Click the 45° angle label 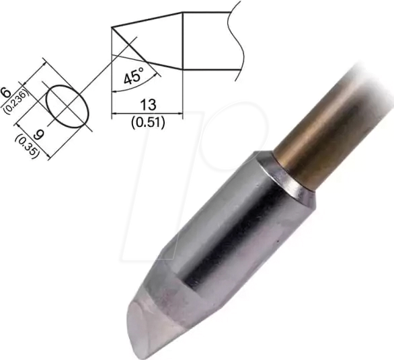[x=132, y=77]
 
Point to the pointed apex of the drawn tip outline [x=112, y=28]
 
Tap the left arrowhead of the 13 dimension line [x=115, y=114]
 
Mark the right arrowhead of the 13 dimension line [x=180, y=114]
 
